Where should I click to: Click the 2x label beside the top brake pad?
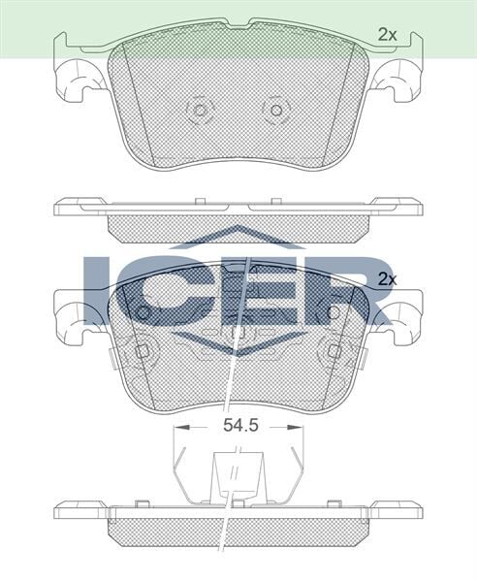[x=388, y=35]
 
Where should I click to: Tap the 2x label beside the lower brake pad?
[x=388, y=278]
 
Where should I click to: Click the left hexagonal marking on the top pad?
[x=201, y=110]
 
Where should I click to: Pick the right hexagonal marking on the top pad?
[x=277, y=110]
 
